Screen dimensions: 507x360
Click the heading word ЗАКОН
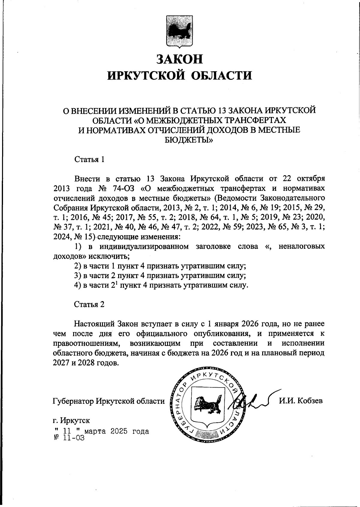pos(180,58)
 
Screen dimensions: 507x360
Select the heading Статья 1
pos(89,159)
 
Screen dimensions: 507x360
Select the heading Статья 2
pos(89,304)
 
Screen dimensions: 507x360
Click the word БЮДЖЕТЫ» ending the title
pos(189,139)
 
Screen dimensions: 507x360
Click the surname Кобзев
pos(310,401)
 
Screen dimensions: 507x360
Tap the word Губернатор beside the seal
pos(73,401)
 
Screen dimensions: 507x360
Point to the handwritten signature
pos(252,400)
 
